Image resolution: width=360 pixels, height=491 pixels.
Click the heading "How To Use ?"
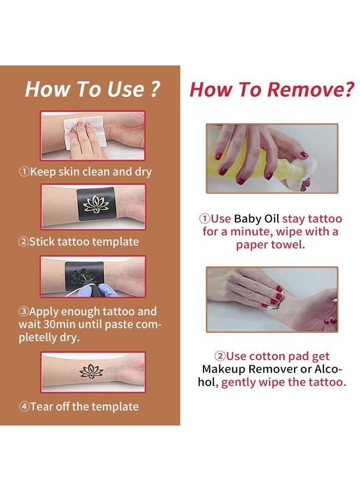pyautogui.click(x=93, y=89)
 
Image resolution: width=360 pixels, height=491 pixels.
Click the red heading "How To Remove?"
pyautogui.click(x=272, y=89)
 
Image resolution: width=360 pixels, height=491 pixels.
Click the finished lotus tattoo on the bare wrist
pyautogui.click(x=91, y=371)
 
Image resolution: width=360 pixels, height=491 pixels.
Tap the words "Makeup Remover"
pyautogui.click(x=250, y=369)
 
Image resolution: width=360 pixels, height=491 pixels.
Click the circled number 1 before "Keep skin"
pyautogui.click(x=24, y=172)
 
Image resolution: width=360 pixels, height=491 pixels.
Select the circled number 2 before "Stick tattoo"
pyautogui.click(x=23, y=242)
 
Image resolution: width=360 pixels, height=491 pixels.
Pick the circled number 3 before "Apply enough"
pyautogui.click(x=23, y=312)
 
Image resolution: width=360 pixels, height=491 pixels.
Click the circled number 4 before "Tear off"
pyautogui.click(x=24, y=407)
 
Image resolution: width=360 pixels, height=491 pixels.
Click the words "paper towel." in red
pyautogui.click(x=271, y=245)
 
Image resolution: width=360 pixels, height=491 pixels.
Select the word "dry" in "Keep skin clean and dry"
pyautogui.click(x=143, y=172)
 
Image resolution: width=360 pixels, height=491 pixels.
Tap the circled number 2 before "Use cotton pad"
pyautogui.click(x=220, y=356)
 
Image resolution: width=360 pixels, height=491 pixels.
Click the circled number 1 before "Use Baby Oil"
pyautogui.click(x=205, y=219)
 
